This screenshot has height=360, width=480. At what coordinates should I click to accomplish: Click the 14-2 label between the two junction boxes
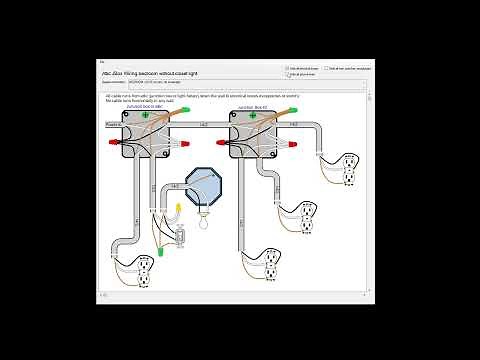(204, 123)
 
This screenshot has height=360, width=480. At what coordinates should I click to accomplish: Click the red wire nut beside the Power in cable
(113, 143)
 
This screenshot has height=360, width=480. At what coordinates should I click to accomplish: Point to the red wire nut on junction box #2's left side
(221, 143)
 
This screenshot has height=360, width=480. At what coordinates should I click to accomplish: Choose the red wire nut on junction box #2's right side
(295, 142)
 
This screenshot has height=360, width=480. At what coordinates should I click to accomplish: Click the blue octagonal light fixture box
(207, 188)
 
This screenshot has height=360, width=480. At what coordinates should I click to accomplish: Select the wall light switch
(180, 236)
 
